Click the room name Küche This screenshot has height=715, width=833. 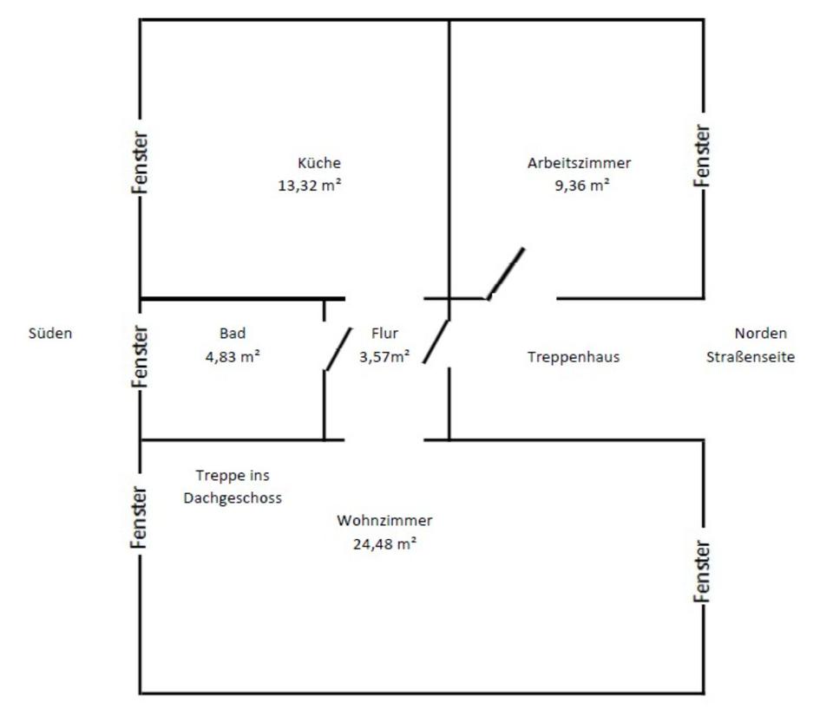click(x=319, y=163)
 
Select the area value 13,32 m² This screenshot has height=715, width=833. click(x=309, y=185)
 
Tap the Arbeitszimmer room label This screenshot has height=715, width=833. click(x=579, y=163)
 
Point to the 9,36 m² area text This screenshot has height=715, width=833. click(x=582, y=185)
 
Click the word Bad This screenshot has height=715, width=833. click(x=233, y=334)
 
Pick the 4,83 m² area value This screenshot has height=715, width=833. click(x=233, y=355)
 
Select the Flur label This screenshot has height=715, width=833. click(x=384, y=334)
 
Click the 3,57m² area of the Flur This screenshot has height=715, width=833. click(x=384, y=355)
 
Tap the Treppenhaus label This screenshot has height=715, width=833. click(x=574, y=356)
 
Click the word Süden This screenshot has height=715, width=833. click(x=50, y=333)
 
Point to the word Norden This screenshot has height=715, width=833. click(x=760, y=334)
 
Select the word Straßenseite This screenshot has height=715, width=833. click(x=751, y=356)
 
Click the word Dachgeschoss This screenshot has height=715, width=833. click(x=233, y=498)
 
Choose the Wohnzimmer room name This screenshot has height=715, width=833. click(x=384, y=521)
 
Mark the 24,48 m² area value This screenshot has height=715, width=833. click(x=384, y=543)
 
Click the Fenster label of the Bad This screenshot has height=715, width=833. click(x=141, y=356)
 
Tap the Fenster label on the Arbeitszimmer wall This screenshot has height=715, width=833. click(x=703, y=155)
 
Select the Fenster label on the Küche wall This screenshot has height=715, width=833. click(x=141, y=162)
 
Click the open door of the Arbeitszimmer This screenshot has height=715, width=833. click(x=506, y=273)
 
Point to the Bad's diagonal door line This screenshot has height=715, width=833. click(x=338, y=348)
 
